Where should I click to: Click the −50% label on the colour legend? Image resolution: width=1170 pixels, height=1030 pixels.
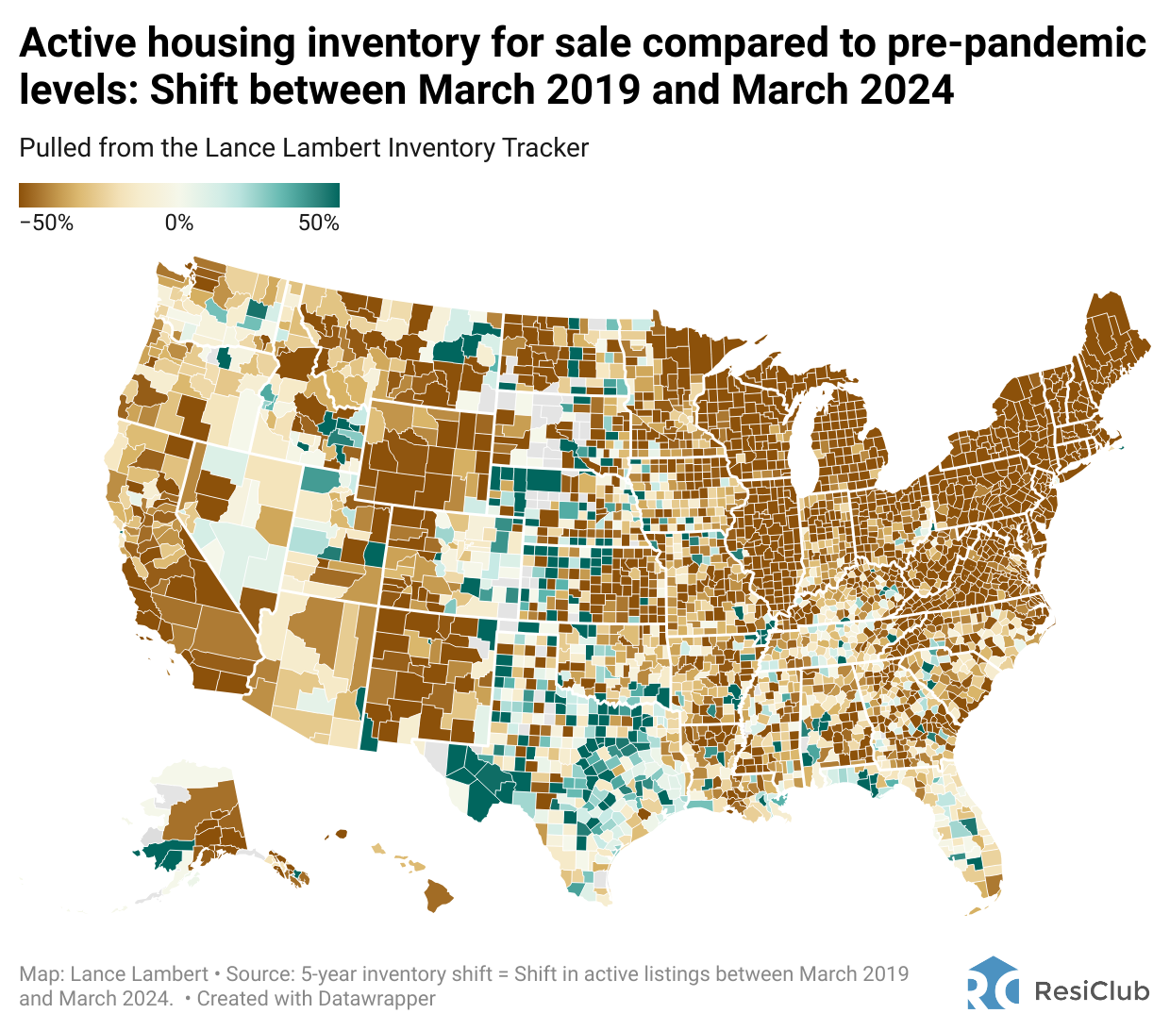click(x=46, y=224)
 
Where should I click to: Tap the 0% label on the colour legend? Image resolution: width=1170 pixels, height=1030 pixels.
click(x=179, y=224)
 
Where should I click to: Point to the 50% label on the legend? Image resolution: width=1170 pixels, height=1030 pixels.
click(x=319, y=224)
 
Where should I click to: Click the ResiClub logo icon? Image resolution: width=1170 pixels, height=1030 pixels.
click(x=993, y=984)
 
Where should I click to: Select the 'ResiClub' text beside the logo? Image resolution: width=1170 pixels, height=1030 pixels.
click(x=1092, y=991)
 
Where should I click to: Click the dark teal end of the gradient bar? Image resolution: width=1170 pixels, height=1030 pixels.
click(x=332, y=195)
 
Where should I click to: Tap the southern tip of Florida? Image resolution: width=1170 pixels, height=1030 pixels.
click(x=991, y=891)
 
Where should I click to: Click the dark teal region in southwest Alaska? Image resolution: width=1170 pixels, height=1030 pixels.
click(x=162, y=857)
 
